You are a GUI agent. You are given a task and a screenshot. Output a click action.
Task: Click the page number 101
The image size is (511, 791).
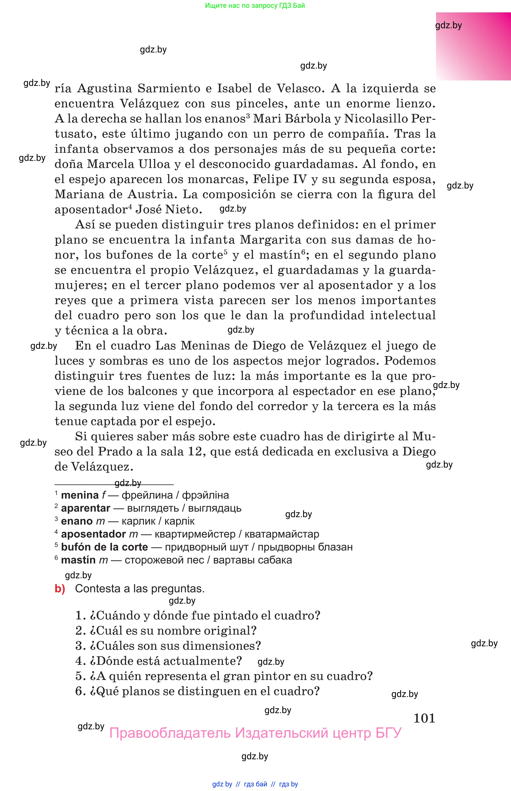click(424, 718)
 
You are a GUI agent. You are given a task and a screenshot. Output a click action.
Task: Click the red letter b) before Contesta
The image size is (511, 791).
click(60, 588)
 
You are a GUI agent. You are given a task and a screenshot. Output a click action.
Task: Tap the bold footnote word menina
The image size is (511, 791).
click(80, 495)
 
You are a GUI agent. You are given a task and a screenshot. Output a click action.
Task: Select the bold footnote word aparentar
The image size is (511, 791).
click(86, 508)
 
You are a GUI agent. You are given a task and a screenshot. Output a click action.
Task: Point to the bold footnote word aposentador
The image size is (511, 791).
click(93, 534)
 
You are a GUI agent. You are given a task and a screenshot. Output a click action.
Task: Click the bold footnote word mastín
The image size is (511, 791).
click(78, 560)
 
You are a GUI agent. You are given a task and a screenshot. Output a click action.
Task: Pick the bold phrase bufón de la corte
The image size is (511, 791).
click(104, 547)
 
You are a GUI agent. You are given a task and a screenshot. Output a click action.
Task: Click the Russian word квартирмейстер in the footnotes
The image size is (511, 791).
click(195, 534)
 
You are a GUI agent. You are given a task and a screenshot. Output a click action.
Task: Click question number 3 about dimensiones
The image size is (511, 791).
click(80, 646)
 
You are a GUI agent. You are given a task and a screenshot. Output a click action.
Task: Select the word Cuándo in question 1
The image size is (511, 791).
click(118, 615)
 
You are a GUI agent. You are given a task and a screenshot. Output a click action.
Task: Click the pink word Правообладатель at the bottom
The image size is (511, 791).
click(170, 733)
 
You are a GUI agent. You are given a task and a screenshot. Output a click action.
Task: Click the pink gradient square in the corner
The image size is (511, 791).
click(473, 46)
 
